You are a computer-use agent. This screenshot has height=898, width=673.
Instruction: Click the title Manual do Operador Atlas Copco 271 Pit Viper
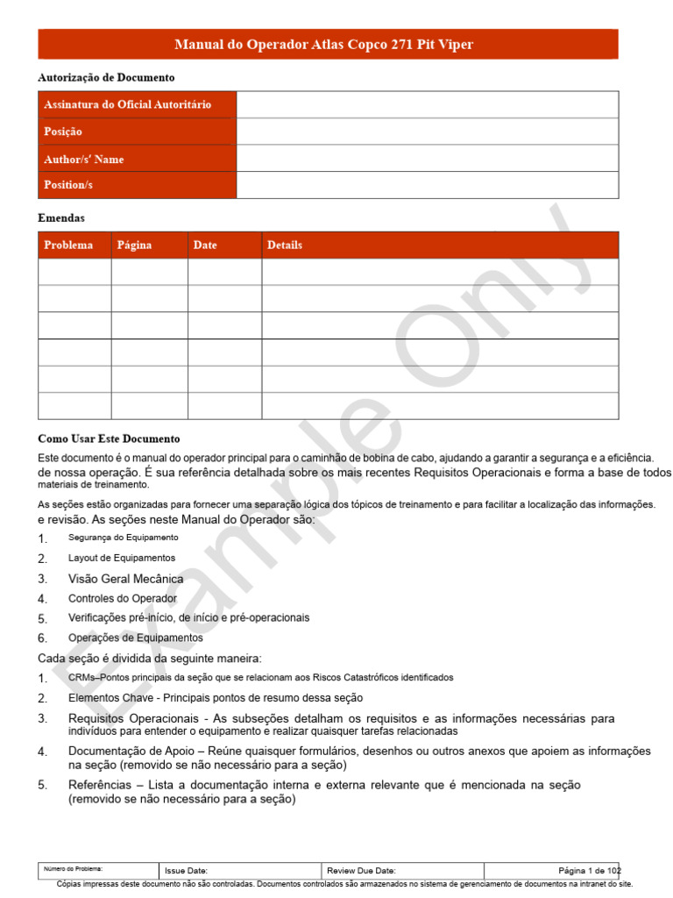324,45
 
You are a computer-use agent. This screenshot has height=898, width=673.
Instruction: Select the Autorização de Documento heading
106,78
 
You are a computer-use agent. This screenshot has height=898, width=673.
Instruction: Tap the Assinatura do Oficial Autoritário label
127,104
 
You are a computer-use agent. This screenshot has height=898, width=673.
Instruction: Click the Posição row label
63,132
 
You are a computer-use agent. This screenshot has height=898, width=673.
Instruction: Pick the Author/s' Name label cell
84,159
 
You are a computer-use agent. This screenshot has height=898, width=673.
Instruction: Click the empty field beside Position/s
427,185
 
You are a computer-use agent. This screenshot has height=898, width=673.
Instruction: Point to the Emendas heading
61,217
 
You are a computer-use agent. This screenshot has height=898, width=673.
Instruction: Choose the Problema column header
68,245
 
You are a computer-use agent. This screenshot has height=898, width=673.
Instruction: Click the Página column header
134,245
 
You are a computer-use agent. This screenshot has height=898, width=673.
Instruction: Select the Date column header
205,245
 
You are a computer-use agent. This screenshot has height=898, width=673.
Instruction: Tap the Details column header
285,245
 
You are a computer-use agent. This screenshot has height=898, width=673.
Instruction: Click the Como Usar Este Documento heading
109,438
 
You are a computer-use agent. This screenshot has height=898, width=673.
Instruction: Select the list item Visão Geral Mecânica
125,579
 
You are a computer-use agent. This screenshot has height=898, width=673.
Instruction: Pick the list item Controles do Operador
123,598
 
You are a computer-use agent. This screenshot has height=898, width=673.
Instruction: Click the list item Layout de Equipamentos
122,558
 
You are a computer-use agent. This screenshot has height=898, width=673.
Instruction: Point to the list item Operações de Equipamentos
135,638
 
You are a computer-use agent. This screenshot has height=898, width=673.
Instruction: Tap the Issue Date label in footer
186,871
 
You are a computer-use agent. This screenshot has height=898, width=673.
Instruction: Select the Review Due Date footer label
361,871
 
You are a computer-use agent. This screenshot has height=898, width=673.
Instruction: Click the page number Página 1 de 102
589,871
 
